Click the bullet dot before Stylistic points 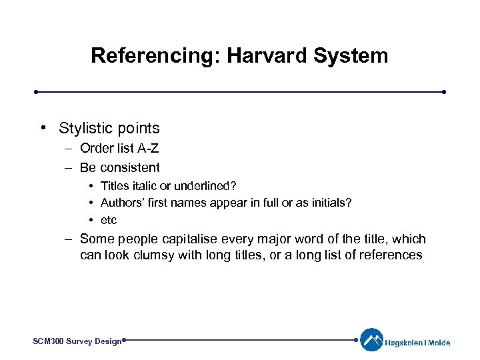coord(43,128)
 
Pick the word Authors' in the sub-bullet coord(121,202)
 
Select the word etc coord(109,220)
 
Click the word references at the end coord(390,255)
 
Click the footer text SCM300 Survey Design coord(77,341)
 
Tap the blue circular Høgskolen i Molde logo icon coord(371,340)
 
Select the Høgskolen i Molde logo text coord(417,343)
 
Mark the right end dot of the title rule coord(444,91)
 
